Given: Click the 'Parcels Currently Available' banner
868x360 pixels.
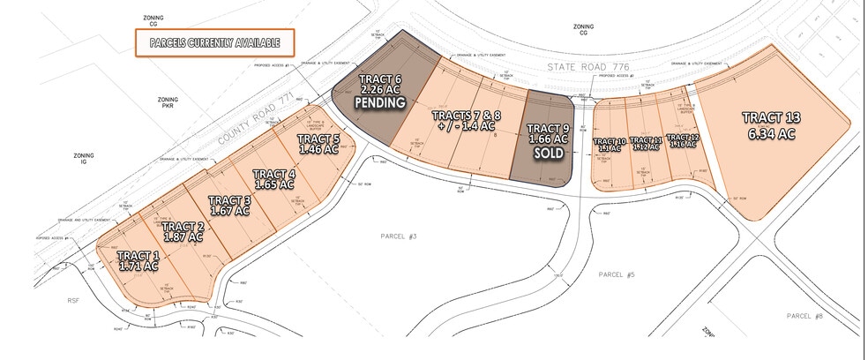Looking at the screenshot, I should coord(214,42).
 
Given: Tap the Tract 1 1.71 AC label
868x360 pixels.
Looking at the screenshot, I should coord(138,260).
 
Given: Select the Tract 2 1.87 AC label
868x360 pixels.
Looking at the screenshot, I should coord(183,231).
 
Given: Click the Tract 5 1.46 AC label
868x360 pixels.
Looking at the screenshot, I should coord(318,144).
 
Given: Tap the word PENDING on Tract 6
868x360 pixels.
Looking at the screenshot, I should coord(379,102).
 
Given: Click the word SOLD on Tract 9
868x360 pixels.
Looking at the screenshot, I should coord(542,154).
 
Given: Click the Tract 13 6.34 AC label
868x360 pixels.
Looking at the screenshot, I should coord(769,125).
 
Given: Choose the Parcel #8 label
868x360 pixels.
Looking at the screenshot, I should coord(804,315).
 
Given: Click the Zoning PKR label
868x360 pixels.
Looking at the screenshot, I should coord(168,106).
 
